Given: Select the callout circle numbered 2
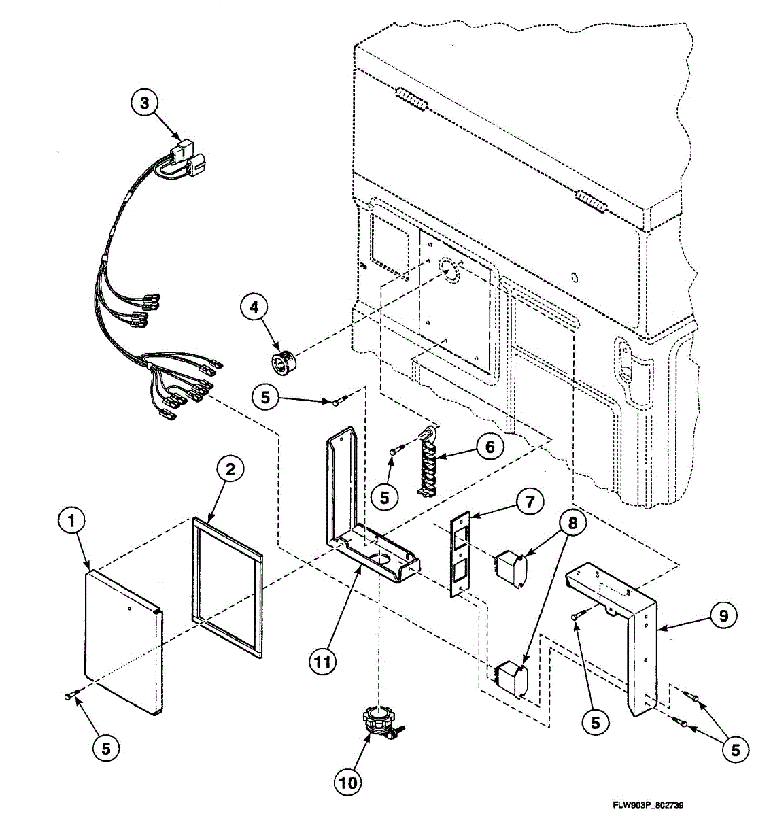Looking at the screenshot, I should [230, 469].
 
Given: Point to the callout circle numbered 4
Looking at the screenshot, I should [254, 307].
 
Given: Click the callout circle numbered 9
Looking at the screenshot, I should [723, 615].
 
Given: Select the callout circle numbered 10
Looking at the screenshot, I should [347, 782].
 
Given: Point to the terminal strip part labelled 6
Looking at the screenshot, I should [426, 462].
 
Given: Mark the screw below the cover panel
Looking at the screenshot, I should [71, 696].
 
